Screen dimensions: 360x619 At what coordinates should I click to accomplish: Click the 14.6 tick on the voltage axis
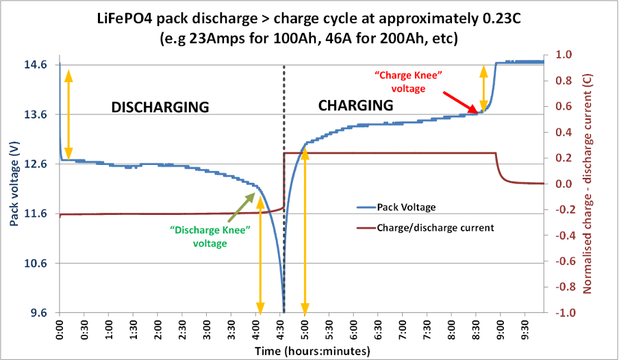pyautogui.click(x=36, y=65)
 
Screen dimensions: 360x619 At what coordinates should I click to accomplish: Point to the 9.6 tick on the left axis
pyautogui.click(x=39, y=313)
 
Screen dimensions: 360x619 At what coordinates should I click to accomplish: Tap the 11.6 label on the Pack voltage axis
pyautogui.click(x=36, y=214)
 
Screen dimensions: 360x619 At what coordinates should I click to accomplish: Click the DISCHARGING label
pyautogui.click(x=160, y=107)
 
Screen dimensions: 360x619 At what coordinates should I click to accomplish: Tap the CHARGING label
pyautogui.click(x=355, y=105)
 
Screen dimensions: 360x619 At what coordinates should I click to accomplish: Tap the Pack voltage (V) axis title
pyautogui.click(x=13, y=185)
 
